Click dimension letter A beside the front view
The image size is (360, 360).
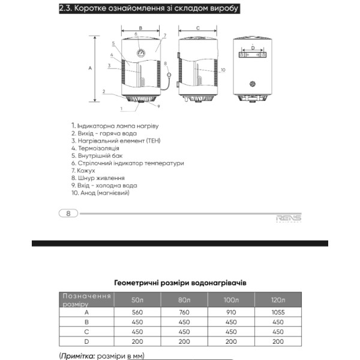click(x=90, y=68)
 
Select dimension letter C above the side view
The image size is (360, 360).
click(x=198, y=28)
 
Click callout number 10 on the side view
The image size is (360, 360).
click(x=223, y=70)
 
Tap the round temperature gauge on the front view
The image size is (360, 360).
click(x=140, y=53)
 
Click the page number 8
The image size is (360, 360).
click(x=68, y=213)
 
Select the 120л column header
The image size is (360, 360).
click(x=278, y=300)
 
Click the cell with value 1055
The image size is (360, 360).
click(x=278, y=312)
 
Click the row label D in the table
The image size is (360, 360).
click(x=86, y=341)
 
